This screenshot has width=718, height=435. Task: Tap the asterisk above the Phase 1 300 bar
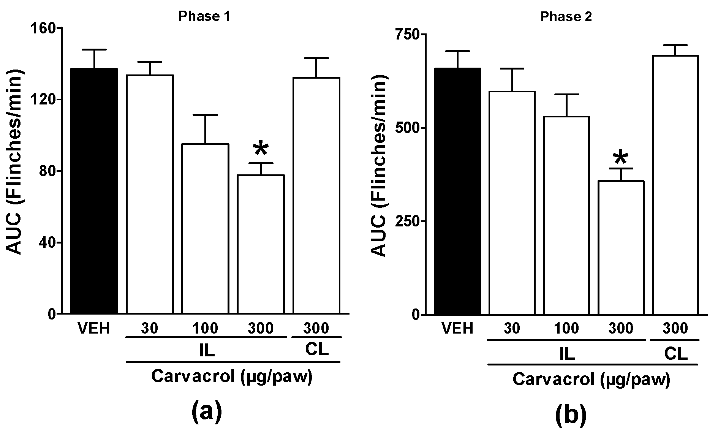261,149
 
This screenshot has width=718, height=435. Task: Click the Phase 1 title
204,16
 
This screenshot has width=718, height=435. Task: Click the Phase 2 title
566,17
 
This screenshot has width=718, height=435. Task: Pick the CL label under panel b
675,353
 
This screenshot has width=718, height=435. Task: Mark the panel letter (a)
206,412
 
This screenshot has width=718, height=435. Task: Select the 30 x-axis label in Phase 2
512,328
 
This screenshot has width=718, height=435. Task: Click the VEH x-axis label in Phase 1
94,328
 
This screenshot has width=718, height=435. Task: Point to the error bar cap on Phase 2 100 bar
566,94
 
